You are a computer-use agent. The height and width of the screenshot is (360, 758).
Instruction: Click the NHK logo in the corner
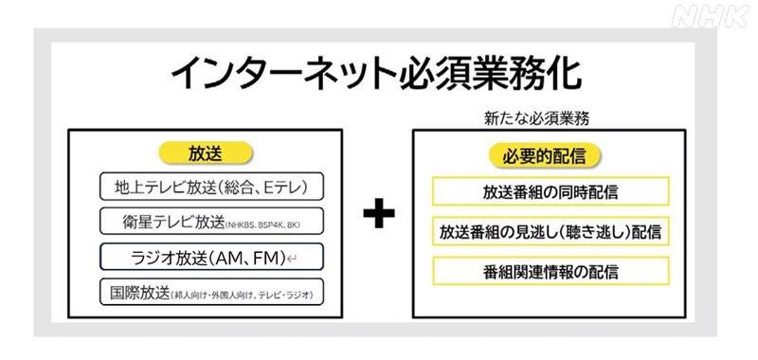711,16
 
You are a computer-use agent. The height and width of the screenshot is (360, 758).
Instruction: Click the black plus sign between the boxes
379,215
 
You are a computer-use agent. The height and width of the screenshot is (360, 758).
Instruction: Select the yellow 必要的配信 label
550,154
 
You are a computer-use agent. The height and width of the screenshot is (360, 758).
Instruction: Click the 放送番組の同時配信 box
550,191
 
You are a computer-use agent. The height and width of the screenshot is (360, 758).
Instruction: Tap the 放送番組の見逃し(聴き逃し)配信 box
550,231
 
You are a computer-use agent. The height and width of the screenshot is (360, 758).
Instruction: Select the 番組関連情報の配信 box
550,272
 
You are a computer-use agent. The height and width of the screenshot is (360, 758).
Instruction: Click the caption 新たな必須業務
550,119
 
